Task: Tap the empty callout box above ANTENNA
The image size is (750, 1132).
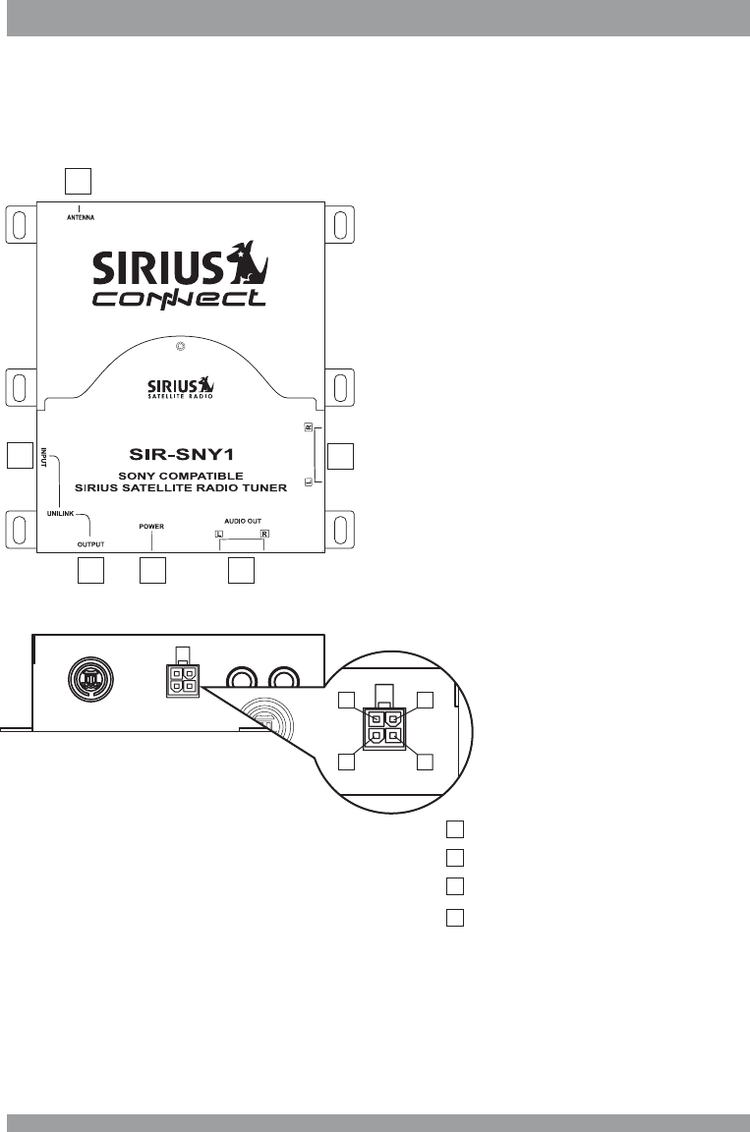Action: [78, 181]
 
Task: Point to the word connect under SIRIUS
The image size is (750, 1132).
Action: [179, 297]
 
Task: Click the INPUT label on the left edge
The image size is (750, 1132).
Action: [44, 458]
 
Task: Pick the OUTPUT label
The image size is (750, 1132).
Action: [91, 542]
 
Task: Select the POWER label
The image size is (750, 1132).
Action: [151, 527]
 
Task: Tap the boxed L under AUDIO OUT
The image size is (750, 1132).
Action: [219, 534]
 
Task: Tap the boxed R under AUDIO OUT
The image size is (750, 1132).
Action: [264, 534]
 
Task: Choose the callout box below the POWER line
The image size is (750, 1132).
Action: [152, 571]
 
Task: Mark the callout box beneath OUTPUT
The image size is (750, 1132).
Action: [90, 571]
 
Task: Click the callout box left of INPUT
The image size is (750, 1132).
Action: [18, 455]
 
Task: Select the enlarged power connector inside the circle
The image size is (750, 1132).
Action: [383, 727]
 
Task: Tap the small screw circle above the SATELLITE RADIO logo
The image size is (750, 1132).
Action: [180, 347]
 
